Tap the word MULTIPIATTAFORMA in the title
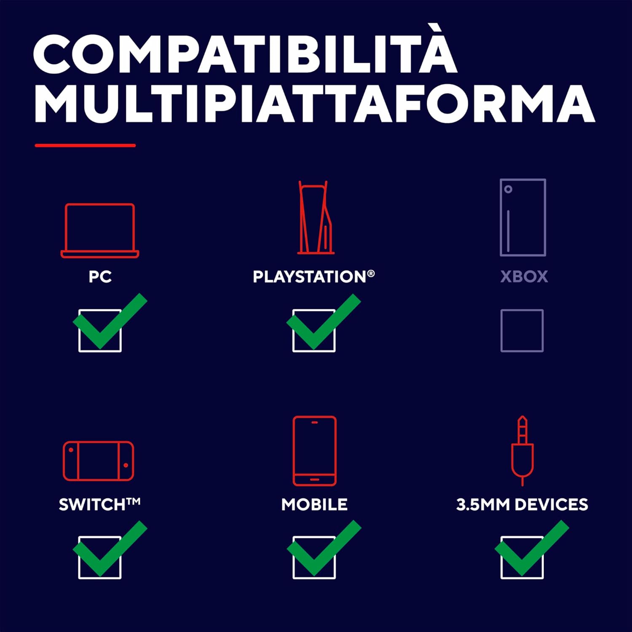(314, 104)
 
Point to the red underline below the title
(85, 145)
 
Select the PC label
(100, 277)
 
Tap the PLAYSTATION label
(314, 277)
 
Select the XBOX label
(524, 277)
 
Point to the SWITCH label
(99, 504)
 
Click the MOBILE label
(314, 504)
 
